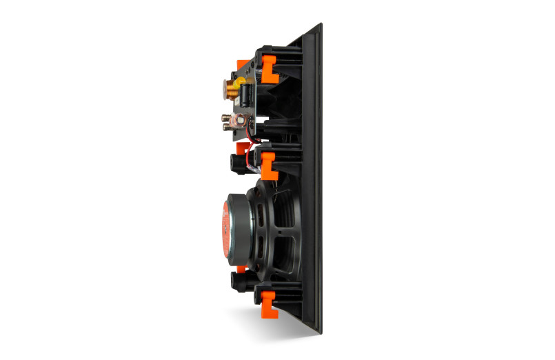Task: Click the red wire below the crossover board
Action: point(258,141)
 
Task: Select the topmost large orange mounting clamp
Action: point(269,65)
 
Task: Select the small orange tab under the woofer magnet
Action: point(241,268)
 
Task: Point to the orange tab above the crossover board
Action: point(243,65)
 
